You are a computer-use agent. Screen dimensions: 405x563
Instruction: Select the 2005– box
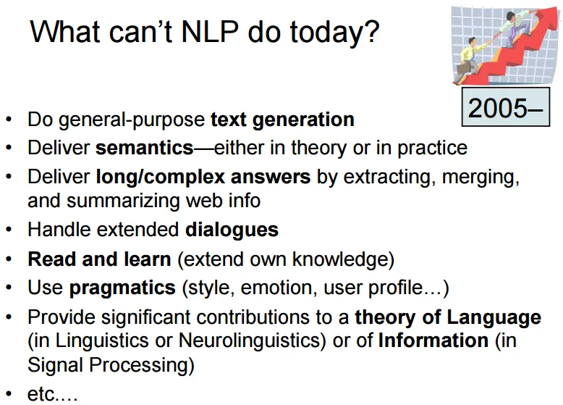click(x=505, y=108)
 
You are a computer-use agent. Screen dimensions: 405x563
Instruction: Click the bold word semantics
click(x=144, y=148)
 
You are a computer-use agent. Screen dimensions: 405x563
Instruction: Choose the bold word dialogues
click(x=232, y=230)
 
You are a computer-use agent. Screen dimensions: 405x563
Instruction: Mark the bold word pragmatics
click(x=122, y=288)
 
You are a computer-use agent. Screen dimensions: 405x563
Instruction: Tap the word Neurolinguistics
click(x=234, y=340)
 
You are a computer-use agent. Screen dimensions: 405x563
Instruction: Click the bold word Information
click(x=433, y=340)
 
